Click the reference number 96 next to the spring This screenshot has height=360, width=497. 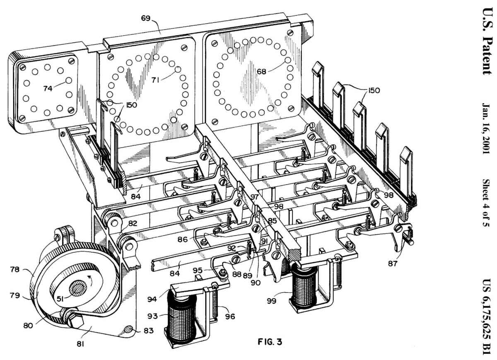tap(230, 317)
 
